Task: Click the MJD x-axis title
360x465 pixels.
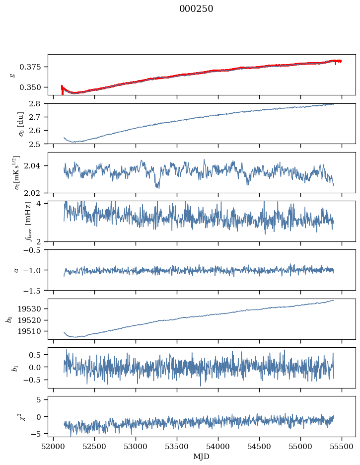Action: coord(201,457)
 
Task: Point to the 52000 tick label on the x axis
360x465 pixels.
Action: coord(54,447)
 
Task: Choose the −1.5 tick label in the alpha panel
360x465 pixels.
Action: coord(34,290)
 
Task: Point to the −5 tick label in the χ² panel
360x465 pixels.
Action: coord(38,434)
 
